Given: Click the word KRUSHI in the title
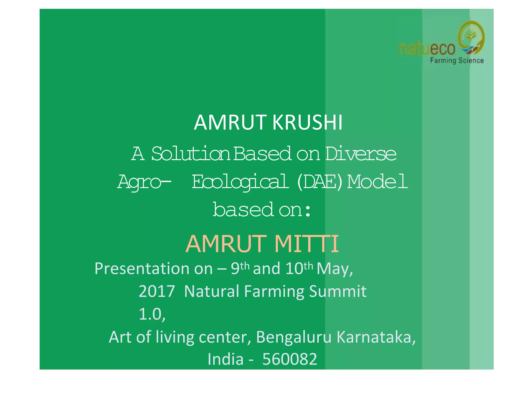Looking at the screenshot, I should point(308,122).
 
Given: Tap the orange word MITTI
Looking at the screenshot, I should point(306,244).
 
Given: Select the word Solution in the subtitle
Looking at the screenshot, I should point(191,154).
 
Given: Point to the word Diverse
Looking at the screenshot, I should point(361,154).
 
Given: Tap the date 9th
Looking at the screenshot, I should point(240,268).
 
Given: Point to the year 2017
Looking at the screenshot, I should point(157,291).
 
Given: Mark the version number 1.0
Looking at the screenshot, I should point(152,314).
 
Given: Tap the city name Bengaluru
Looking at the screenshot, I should point(294,337).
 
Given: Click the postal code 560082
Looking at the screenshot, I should point(290,359).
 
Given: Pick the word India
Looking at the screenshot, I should point(225,359).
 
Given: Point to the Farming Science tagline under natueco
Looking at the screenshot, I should point(457,61).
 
